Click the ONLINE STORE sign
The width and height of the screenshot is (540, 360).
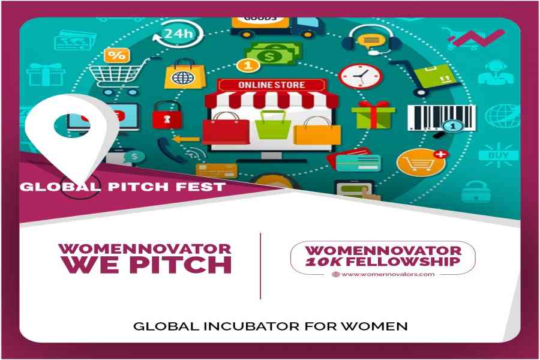pos(272,85)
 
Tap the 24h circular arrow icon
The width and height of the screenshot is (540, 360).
pos(178,34)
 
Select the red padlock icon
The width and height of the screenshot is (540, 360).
pos(167,115)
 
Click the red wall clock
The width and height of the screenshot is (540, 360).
pos(361,76)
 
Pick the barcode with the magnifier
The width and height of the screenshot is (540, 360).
pos(442,119)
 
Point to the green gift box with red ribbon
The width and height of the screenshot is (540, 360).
pos(373,115)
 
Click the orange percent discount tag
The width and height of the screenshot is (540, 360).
pos(117,55)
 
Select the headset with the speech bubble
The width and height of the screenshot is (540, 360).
pos(371,40)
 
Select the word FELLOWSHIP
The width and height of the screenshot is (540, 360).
pos(403,262)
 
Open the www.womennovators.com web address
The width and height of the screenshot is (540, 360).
pos(388,275)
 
